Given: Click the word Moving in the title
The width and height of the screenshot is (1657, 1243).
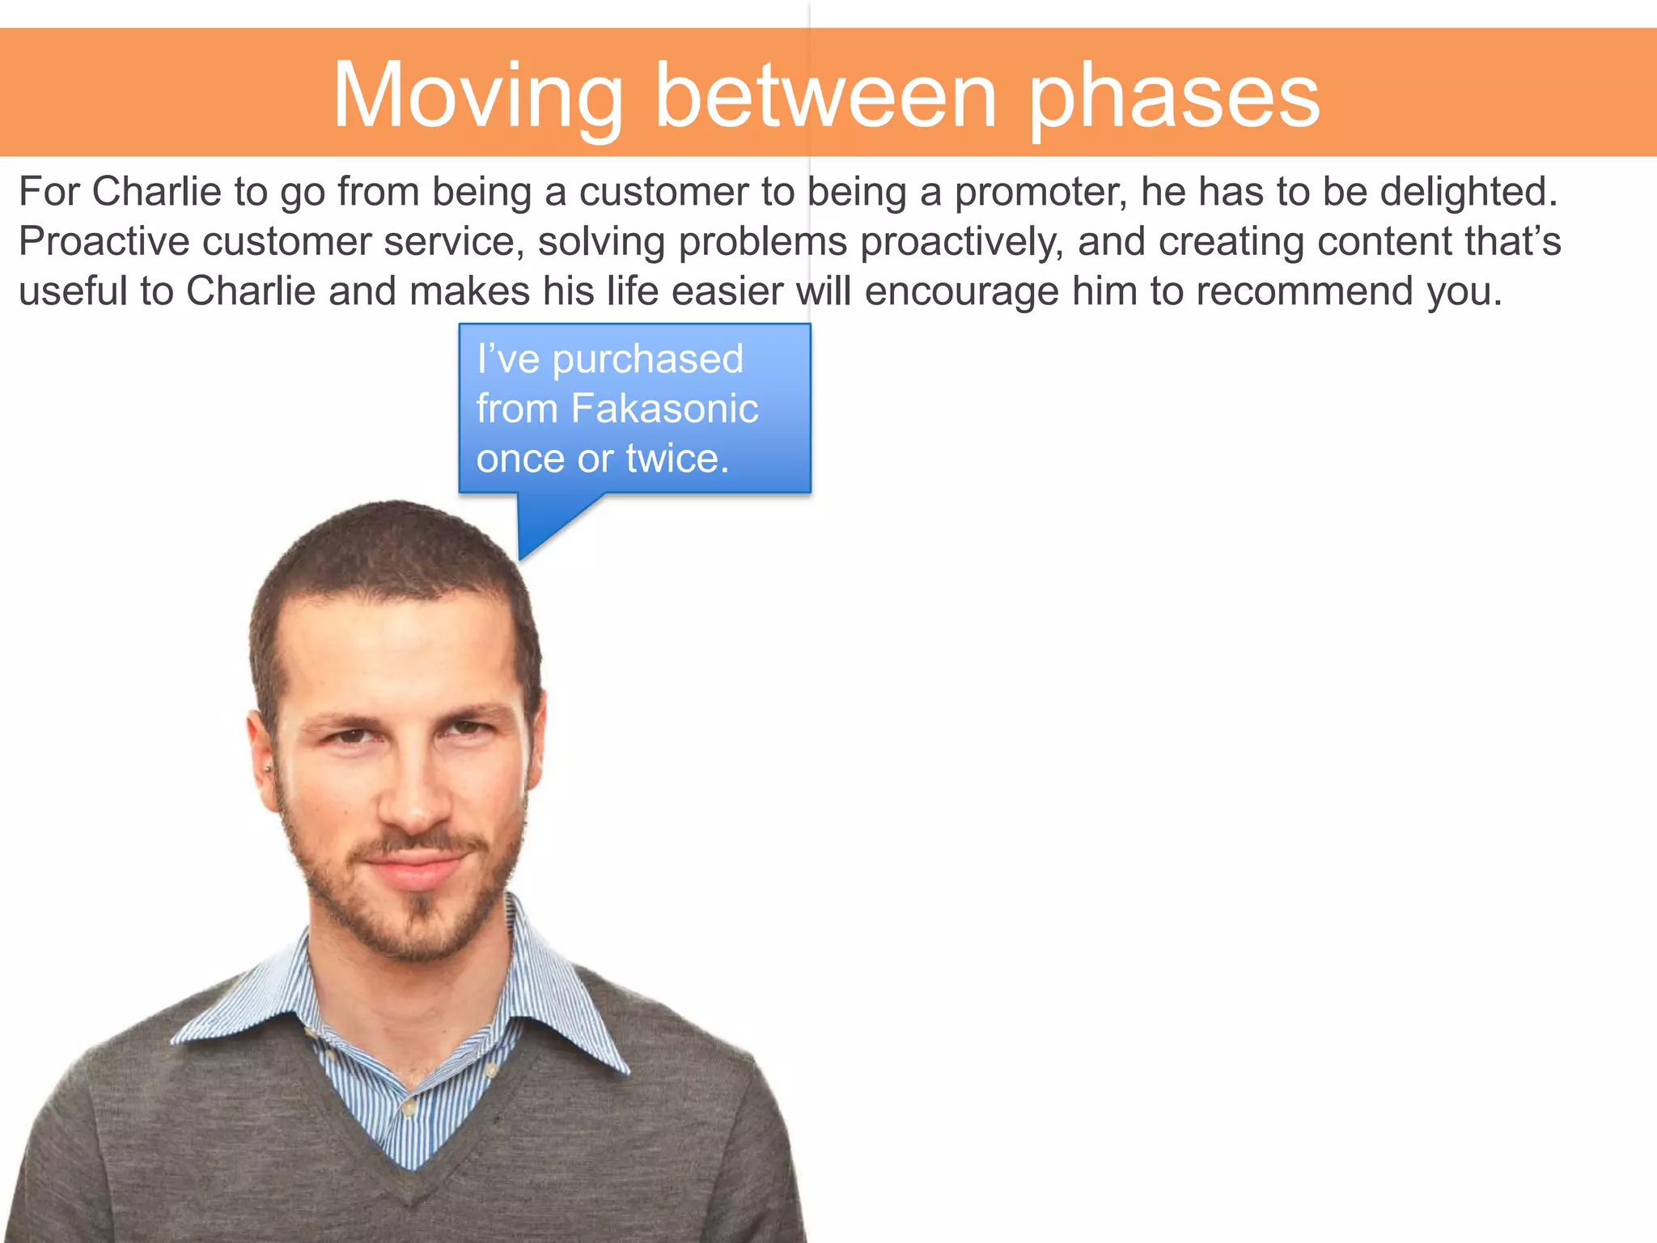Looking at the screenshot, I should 477,97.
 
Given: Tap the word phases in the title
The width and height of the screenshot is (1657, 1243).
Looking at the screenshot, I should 1174,97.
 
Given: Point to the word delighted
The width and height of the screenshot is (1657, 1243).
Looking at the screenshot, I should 1468,193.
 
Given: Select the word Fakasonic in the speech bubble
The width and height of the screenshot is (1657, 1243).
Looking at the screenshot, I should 664,409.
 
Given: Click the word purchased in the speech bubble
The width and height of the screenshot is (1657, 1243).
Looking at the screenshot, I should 647,359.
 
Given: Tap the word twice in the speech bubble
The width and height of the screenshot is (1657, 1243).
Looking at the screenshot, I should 677,459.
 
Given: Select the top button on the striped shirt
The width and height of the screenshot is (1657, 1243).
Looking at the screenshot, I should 311,1031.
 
